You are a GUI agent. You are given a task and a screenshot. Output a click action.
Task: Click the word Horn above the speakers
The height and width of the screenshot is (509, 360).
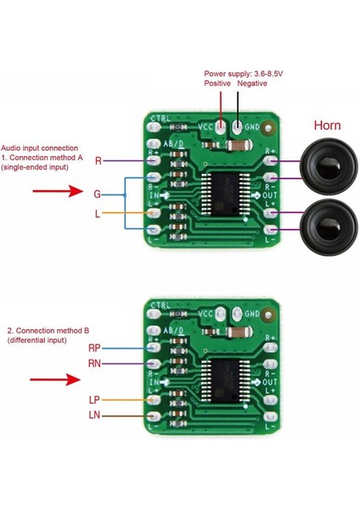coord(327,126)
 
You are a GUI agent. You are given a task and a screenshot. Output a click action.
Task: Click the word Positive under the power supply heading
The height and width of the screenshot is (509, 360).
coord(217,84)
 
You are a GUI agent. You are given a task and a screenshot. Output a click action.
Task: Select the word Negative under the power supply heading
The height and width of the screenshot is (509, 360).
coord(252,84)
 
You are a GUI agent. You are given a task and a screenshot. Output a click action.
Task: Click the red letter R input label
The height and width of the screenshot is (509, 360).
coord(98,160)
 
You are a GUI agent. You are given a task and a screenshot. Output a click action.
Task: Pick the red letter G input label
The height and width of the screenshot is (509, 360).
coord(98,194)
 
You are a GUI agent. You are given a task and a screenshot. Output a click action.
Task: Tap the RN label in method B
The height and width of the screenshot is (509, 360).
coord(95,363)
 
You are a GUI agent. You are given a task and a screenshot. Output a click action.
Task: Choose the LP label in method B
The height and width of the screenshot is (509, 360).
coord(94,399)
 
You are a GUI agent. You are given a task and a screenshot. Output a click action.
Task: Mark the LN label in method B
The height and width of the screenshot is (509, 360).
coord(94,415)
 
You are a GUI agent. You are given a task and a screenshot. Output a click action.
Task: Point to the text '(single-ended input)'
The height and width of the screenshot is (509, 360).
coord(42,168)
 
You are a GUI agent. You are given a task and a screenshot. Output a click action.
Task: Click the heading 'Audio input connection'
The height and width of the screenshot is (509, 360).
coord(40,147)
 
